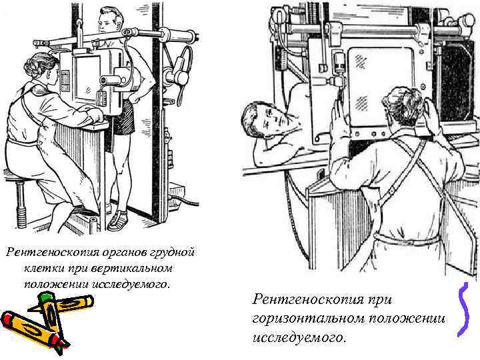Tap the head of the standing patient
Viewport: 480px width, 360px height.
click(109, 22)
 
